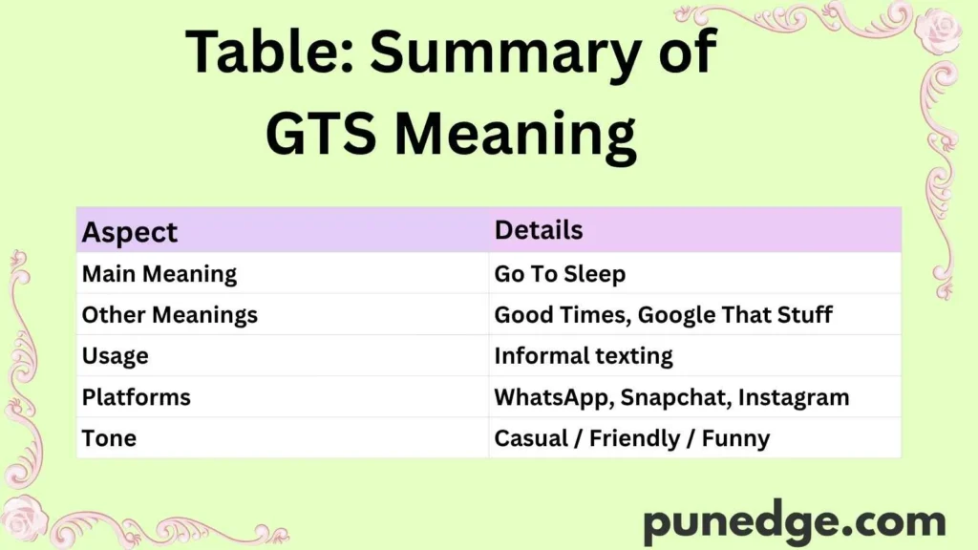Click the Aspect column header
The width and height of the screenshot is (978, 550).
[130, 232]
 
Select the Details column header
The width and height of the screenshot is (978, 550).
[538, 230]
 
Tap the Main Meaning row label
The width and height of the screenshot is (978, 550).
[159, 274]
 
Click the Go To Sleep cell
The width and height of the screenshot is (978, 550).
[560, 274]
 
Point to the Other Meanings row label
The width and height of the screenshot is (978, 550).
[169, 314]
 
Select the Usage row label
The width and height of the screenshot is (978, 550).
[115, 356]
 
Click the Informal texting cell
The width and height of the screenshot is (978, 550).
[583, 356]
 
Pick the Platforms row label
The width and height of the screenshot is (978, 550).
[136, 397]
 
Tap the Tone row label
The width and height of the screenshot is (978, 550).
[109, 438]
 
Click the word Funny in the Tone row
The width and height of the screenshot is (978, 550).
[735, 438]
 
